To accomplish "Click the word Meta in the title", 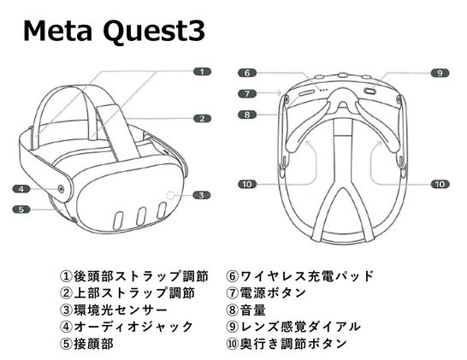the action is [57, 32].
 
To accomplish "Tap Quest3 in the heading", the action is [154, 32].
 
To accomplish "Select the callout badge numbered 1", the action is [202, 72].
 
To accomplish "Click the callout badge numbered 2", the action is [202, 119].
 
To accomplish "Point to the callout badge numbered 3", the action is [202, 195].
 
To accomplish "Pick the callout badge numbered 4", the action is [21, 189].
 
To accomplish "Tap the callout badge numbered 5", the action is [21, 210].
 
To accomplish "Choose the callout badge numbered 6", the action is [247, 73].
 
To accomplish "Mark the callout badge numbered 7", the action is [247, 94].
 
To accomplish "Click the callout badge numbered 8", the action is [247, 115].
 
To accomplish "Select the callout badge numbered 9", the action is [440, 73].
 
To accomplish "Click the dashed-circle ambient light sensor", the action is [171, 195].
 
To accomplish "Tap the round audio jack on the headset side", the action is [61, 189].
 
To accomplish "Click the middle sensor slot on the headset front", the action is [141, 216].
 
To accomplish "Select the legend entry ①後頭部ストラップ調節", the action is [133, 276].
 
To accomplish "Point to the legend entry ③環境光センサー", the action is [114, 310].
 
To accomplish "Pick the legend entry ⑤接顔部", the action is [86, 344].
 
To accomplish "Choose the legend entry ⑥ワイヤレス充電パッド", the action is [299, 276].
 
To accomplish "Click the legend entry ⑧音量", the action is [245, 310].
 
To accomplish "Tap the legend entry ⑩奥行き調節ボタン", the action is [287, 344].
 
